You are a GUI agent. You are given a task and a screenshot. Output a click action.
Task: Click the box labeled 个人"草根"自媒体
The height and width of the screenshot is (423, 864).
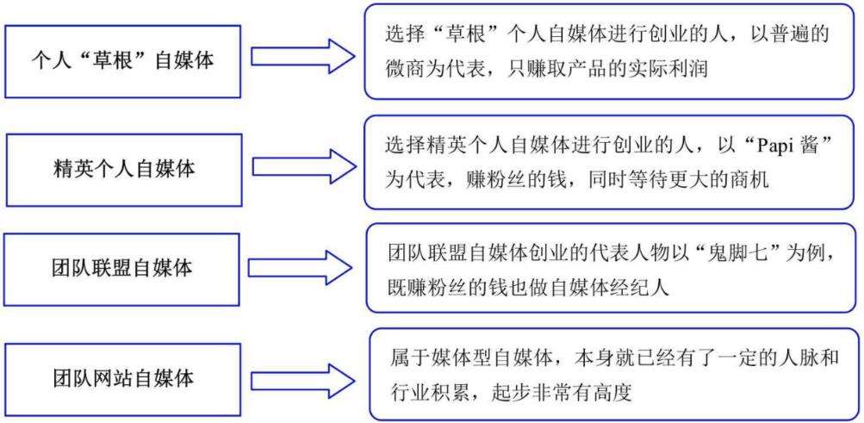tap(123, 61)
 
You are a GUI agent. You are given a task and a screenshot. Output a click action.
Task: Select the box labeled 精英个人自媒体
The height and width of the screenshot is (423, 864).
tap(124, 170)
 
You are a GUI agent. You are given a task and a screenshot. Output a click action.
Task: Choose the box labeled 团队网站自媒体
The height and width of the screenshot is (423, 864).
tap(123, 379)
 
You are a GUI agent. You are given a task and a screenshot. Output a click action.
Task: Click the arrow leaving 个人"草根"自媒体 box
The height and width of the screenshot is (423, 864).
tap(303, 56)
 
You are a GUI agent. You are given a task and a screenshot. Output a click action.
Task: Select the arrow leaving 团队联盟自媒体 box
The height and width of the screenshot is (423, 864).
tap(301, 268)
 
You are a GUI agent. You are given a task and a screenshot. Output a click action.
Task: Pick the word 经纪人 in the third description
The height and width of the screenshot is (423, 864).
tap(640, 288)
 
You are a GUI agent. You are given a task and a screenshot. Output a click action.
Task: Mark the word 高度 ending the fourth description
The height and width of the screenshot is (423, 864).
tap(611, 393)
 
